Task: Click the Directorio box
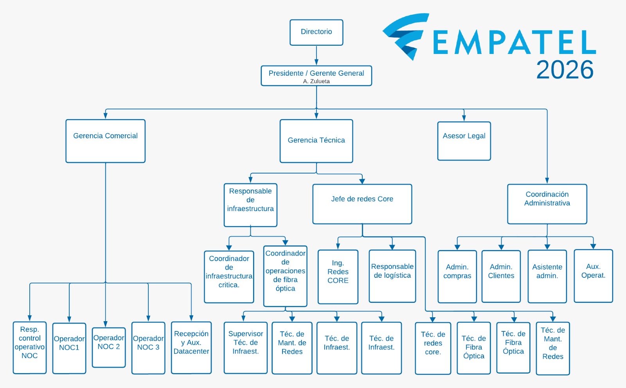point(317,32)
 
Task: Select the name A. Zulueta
point(317,81)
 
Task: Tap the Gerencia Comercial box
point(105,141)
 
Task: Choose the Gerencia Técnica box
point(317,141)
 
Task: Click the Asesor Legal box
point(464,141)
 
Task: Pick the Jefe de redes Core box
point(362,204)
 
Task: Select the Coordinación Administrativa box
point(547,204)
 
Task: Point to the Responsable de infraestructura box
point(250,205)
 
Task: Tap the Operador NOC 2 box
point(109,347)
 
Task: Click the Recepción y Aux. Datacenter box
point(191,347)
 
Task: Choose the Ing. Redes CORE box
point(338,277)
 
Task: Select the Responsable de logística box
point(392,276)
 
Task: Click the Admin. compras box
point(457,276)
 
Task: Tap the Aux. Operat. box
point(593,276)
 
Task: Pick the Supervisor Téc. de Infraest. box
point(246,347)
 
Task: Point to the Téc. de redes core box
point(433,348)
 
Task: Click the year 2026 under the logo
point(565,70)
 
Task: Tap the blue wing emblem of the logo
point(406,36)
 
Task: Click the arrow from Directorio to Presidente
point(317,55)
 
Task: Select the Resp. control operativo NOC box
point(30,347)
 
